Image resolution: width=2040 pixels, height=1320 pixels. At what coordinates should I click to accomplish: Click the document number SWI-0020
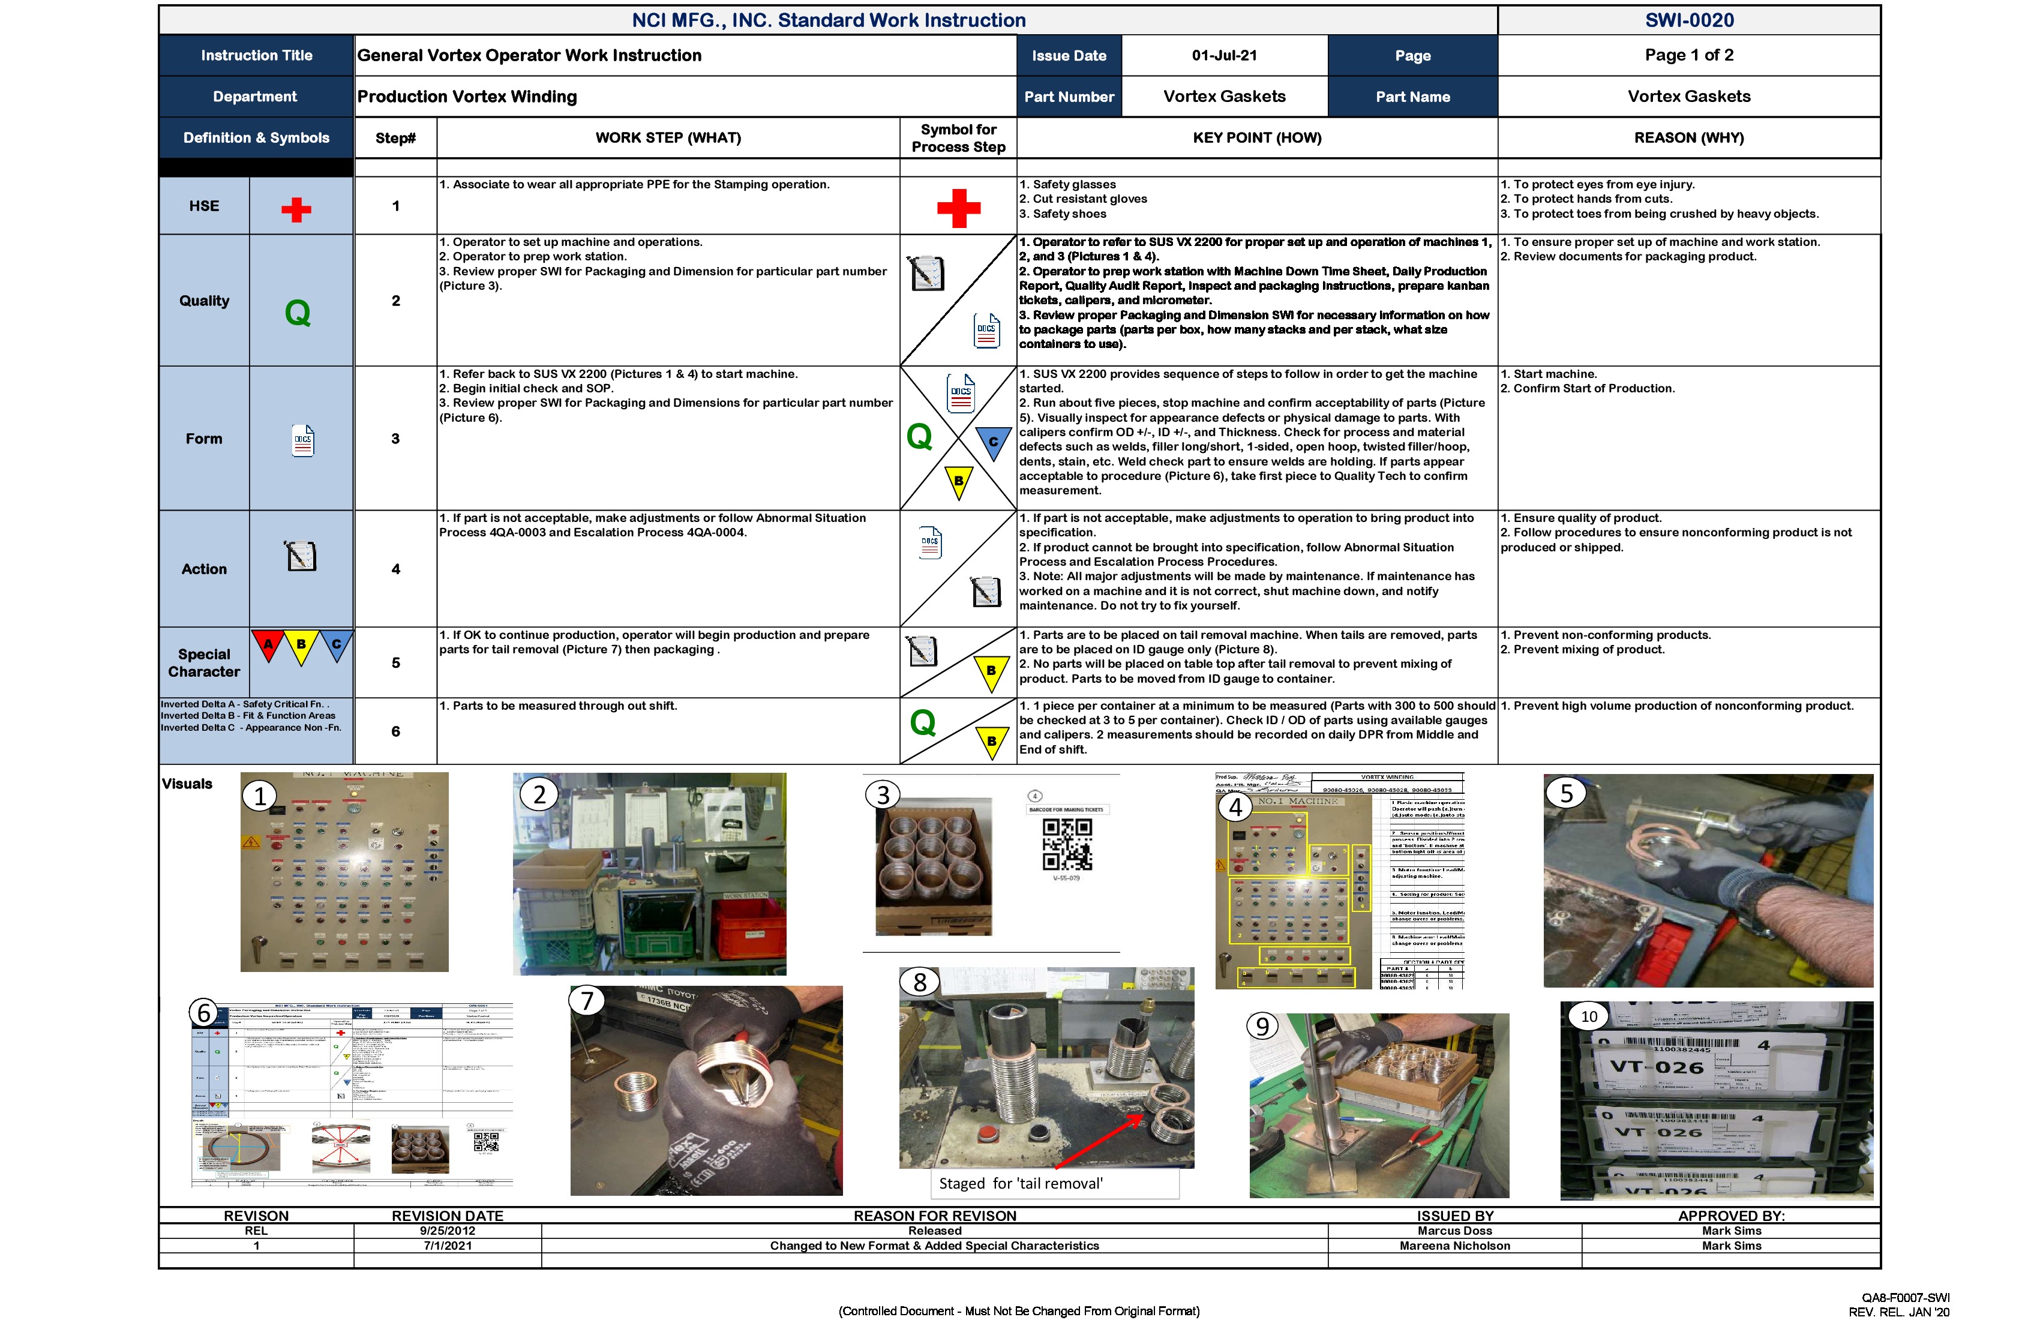pyautogui.click(x=1688, y=20)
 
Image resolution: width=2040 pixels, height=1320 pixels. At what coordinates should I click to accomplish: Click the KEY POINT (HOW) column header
pyautogui.click(x=1256, y=138)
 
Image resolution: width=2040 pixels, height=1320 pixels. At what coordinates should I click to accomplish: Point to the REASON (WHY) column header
pyautogui.click(x=1688, y=138)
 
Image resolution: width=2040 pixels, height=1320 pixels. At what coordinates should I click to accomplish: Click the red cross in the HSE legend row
pyautogui.click(x=296, y=210)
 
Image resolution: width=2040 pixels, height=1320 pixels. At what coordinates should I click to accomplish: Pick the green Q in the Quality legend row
pyautogui.click(x=298, y=313)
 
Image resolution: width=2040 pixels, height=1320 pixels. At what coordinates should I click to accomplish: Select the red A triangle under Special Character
pyautogui.click(x=268, y=644)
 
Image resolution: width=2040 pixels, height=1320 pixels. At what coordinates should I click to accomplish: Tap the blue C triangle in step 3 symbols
pyautogui.click(x=994, y=442)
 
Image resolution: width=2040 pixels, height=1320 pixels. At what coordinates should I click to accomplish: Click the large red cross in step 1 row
pyautogui.click(x=958, y=208)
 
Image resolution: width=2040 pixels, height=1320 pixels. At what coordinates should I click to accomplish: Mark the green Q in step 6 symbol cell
pyautogui.click(x=922, y=722)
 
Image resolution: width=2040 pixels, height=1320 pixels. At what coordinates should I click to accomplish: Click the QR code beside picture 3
pyautogui.click(x=1067, y=844)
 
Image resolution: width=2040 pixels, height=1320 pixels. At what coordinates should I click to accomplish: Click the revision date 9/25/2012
pyautogui.click(x=448, y=1231)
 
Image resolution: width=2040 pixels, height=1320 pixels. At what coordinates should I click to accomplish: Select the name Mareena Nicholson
pyautogui.click(x=1454, y=1246)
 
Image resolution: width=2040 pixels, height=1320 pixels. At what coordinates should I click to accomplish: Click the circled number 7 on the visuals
pyautogui.click(x=587, y=1000)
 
